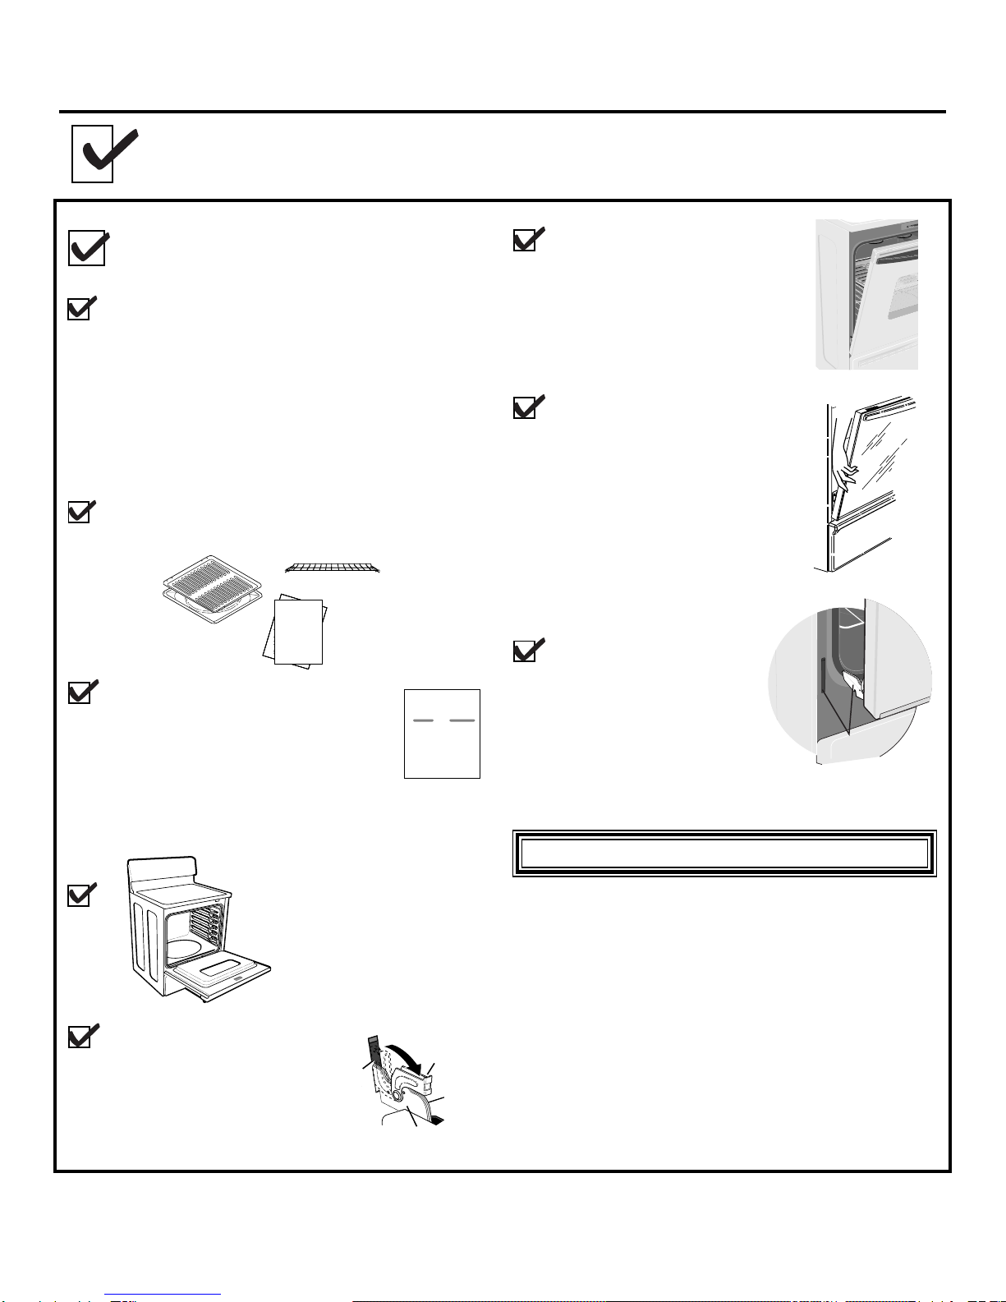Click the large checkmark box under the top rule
[93, 154]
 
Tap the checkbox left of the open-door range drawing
[79, 895]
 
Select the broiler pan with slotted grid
[211, 588]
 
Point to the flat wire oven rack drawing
[333, 567]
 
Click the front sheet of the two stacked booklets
[299, 630]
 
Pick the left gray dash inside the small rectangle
[423, 720]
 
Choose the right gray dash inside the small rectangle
[462, 720]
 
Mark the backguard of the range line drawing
[163, 868]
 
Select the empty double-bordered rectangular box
[724, 853]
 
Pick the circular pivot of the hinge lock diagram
[397, 1095]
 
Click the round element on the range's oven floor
[181, 951]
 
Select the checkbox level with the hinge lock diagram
[79, 1037]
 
